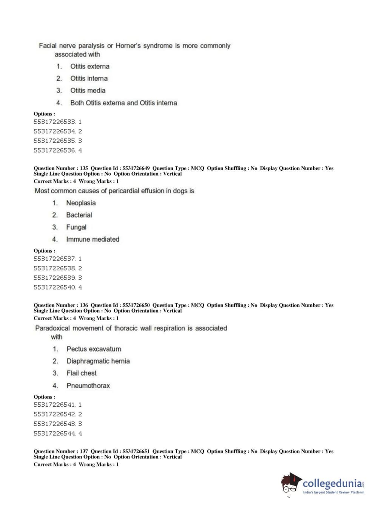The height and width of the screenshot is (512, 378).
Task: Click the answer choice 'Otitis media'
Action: click(x=88, y=91)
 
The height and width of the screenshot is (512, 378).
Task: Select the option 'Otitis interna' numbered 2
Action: click(x=89, y=79)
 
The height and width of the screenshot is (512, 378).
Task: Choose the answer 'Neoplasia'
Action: click(x=81, y=203)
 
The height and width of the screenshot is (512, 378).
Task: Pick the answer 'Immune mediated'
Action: click(x=93, y=239)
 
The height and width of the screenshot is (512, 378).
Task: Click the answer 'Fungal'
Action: click(x=76, y=227)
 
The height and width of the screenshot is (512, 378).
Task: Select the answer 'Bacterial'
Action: click(x=79, y=215)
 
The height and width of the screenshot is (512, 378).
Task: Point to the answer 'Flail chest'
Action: click(x=82, y=373)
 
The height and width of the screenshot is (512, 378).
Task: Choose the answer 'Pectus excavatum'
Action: click(x=94, y=349)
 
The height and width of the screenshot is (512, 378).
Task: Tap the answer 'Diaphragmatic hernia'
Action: click(x=98, y=361)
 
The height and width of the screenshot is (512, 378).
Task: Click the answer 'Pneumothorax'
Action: click(x=88, y=386)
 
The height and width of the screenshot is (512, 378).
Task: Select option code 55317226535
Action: click(x=55, y=141)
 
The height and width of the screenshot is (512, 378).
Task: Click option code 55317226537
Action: click(x=55, y=259)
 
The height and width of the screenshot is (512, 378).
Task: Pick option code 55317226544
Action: click(x=55, y=434)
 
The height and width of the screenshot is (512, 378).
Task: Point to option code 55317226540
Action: click(x=55, y=287)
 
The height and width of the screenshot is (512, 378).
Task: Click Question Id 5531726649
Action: click(x=136, y=168)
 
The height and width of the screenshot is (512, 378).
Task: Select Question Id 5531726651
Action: click(x=136, y=452)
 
